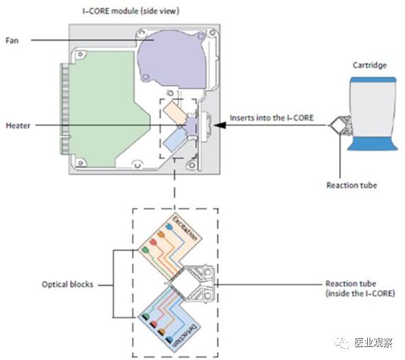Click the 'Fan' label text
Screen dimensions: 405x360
(12, 41)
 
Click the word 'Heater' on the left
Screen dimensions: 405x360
(18, 126)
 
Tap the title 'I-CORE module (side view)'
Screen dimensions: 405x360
(130, 11)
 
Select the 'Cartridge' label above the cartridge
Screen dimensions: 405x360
(369, 65)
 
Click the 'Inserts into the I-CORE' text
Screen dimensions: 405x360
(272, 118)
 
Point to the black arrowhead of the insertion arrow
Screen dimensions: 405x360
(220, 125)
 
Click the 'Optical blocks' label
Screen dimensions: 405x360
(67, 284)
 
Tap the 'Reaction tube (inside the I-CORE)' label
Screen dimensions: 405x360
(360, 289)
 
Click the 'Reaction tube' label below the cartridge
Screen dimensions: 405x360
(351, 185)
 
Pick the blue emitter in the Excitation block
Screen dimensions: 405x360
(169, 227)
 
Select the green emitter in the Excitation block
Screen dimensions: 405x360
(146, 250)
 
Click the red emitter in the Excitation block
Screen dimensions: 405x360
(154, 243)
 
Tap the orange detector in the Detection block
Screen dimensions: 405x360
(161, 332)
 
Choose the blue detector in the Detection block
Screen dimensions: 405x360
(169, 339)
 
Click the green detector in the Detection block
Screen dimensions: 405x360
(146, 316)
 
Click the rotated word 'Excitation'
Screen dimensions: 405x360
(185, 229)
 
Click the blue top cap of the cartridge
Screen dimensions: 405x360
(373, 80)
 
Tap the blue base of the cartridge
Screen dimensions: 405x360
(373, 144)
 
